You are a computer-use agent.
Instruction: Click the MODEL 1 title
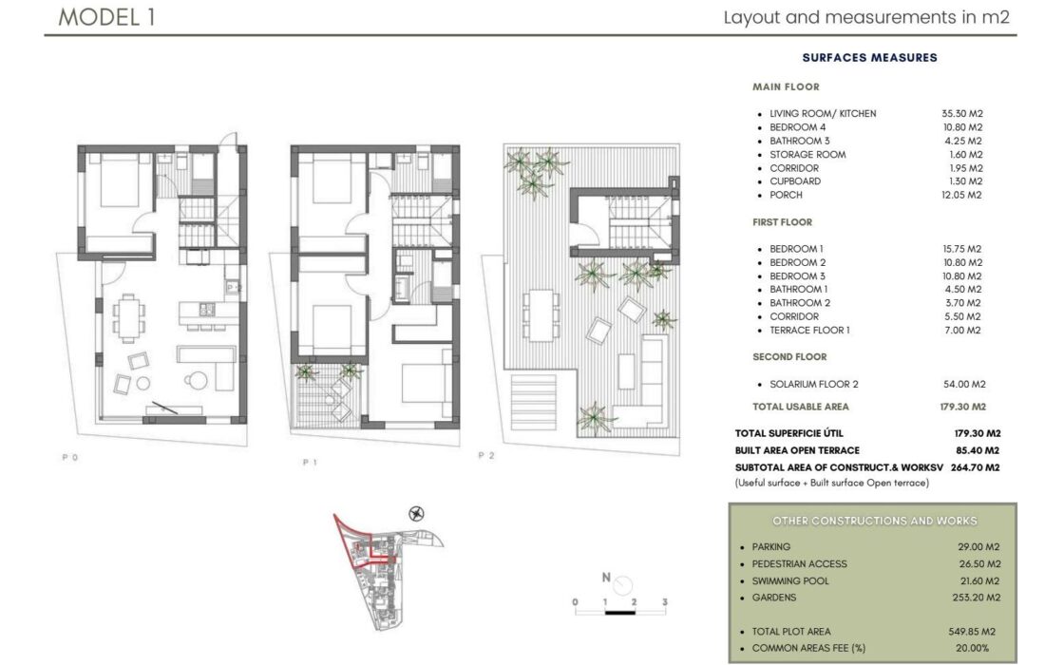pyautogui.click(x=106, y=17)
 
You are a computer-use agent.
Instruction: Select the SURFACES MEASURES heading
pyautogui.click(x=869, y=58)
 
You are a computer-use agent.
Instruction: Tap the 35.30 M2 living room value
pyautogui.click(x=962, y=113)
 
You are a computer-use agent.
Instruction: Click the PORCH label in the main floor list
pyautogui.click(x=786, y=195)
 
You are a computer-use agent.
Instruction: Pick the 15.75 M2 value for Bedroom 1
pyautogui.click(x=961, y=249)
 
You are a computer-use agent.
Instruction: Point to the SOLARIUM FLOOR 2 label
pyautogui.click(x=813, y=384)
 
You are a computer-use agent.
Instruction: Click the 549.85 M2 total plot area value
pyautogui.click(x=972, y=631)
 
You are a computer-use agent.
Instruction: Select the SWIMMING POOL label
pyautogui.click(x=790, y=580)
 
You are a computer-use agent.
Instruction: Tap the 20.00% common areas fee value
pyautogui.click(x=973, y=648)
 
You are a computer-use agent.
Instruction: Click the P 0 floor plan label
pyautogui.click(x=70, y=457)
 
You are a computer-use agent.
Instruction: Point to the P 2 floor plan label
pyautogui.click(x=486, y=455)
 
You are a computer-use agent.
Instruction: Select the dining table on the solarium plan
pyautogui.click(x=541, y=315)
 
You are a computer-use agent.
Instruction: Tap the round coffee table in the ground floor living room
pyautogui.click(x=198, y=380)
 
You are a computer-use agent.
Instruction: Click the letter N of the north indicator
pyautogui.click(x=606, y=578)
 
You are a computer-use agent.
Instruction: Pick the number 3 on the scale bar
pyautogui.click(x=665, y=602)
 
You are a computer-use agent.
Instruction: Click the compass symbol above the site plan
pyautogui.click(x=417, y=514)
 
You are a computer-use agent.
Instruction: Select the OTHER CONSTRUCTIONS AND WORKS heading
pyautogui.click(x=875, y=521)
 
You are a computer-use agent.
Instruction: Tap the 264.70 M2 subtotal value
pyautogui.click(x=975, y=467)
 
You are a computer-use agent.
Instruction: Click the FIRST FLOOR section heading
pyautogui.click(x=782, y=222)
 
